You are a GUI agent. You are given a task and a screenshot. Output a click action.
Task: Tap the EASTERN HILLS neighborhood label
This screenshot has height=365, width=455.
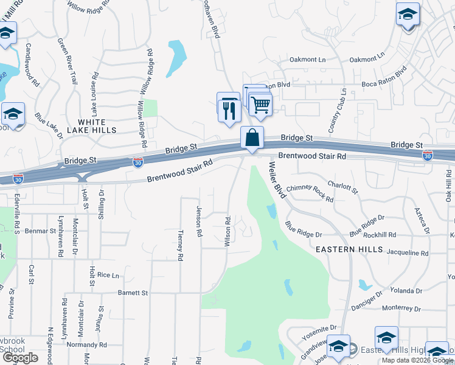tap(349, 249)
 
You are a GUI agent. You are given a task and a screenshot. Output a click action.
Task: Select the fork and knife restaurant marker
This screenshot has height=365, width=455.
tap(229, 110)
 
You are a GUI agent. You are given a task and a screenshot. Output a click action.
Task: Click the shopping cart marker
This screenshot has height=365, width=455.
tap(260, 105)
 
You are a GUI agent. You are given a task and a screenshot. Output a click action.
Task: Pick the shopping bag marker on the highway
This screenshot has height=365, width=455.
tap(252, 138)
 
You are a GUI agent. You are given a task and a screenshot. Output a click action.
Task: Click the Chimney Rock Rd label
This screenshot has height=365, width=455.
tap(310, 193)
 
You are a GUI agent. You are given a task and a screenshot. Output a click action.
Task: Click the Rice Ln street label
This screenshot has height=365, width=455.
tap(108, 275)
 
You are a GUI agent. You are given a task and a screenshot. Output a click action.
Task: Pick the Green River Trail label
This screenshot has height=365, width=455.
tap(68, 61)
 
